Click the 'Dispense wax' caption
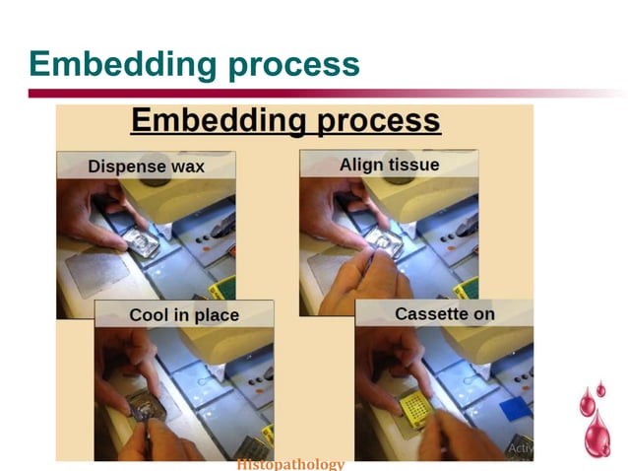click(146, 166)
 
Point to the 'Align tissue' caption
click(389, 165)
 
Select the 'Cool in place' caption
click(184, 315)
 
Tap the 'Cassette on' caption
click(444, 314)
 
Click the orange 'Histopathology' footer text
click(290, 464)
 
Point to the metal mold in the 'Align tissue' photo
click(384, 242)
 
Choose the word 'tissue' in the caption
click(413, 165)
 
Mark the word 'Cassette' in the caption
click(430, 314)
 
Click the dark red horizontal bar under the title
click(295, 94)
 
